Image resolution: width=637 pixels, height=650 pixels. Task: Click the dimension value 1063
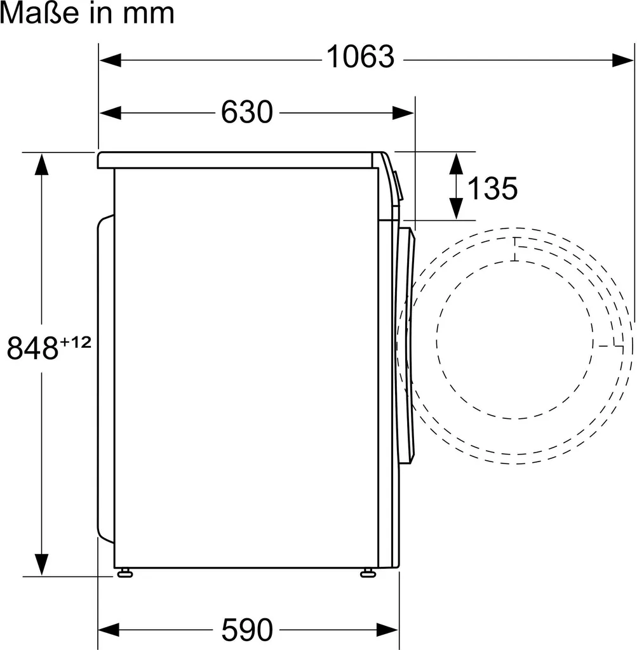pos(360,56)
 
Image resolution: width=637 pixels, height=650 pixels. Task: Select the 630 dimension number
pos(247,112)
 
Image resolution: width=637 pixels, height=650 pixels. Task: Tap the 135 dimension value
pos(492,188)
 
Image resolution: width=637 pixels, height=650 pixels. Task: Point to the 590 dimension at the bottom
pos(247,630)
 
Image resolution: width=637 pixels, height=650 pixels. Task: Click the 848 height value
pos(32,348)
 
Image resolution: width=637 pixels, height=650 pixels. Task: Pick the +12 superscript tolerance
pos(76,342)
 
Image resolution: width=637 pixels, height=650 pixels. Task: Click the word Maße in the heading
pos(39,13)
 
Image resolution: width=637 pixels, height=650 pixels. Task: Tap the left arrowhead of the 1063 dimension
pos(111,60)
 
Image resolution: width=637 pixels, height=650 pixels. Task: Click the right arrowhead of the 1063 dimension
pos(623,60)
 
